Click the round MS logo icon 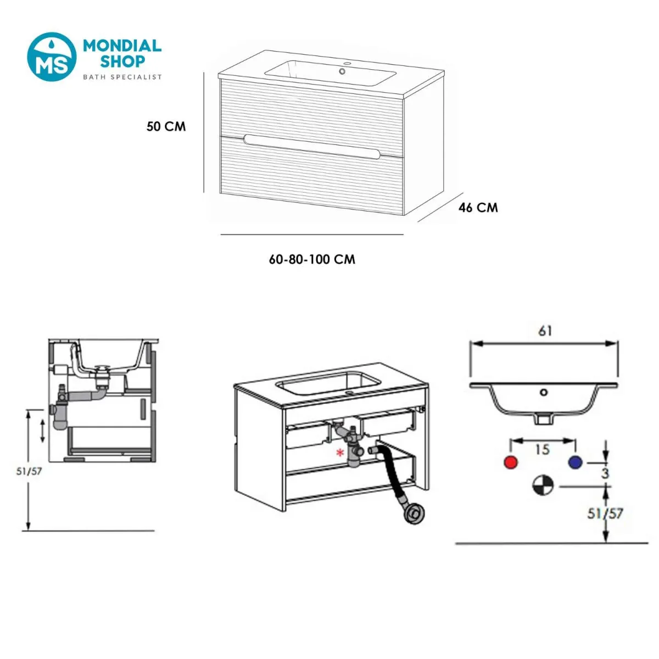(52, 57)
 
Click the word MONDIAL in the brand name (122, 46)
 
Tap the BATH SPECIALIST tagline (122, 77)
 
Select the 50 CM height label (166, 126)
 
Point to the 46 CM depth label (478, 208)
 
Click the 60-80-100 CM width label (312, 259)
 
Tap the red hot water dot (511, 462)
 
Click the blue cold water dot (575, 462)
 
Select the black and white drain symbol (543, 485)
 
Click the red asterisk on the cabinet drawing (340, 454)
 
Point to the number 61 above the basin (545, 331)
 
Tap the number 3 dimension (605, 473)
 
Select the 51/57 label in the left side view (29, 471)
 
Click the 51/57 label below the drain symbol (605, 513)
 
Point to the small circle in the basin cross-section (544, 392)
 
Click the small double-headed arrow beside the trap (42, 431)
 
